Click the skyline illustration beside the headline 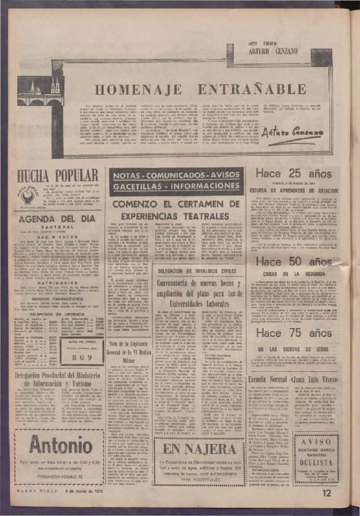(x=40, y=90)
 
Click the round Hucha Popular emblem (x=28, y=196)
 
